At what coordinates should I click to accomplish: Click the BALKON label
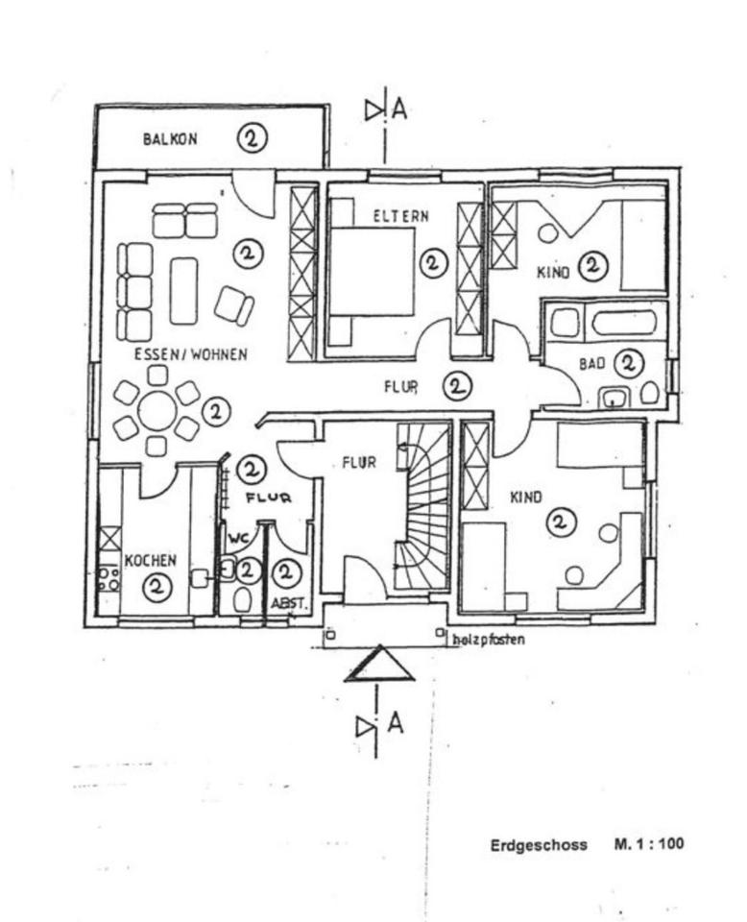[170, 139]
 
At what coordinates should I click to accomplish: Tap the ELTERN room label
[400, 216]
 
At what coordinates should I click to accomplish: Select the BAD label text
[591, 364]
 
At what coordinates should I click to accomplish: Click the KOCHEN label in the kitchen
[150, 560]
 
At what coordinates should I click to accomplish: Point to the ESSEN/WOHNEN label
[190, 354]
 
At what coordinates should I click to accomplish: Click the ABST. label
[287, 603]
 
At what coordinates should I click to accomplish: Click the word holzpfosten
[488, 639]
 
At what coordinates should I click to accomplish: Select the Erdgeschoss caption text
[539, 845]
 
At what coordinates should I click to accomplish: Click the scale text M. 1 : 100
[649, 845]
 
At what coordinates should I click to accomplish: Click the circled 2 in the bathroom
[629, 363]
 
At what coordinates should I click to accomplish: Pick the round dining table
[157, 411]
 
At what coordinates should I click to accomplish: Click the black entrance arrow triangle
[379, 665]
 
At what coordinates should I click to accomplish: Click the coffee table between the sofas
[182, 290]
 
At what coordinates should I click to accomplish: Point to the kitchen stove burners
[108, 578]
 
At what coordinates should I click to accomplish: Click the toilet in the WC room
[243, 600]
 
